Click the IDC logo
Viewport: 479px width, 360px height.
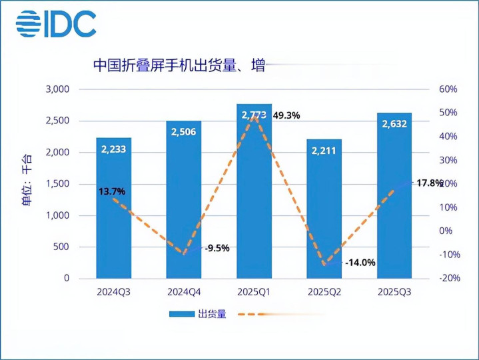tap(56, 25)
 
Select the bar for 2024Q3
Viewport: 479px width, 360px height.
tap(113, 213)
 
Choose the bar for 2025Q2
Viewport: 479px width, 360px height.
tap(324, 213)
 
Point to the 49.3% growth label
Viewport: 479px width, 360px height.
tap(285, 115)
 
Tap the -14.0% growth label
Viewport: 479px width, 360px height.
tap(360, 263)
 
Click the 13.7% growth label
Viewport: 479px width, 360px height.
tap(111, 192)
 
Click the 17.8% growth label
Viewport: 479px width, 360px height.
tap(429, 183)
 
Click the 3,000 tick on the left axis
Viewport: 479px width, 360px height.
tap(57, 89)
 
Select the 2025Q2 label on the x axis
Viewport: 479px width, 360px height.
tap(324, 293)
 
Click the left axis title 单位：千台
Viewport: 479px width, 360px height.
tap(26, 184)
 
